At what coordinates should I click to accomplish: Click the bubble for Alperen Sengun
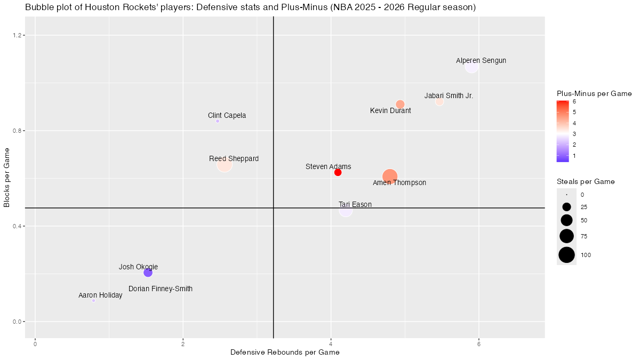click(x=471, y=67)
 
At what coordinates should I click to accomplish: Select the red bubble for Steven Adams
click(x=338, y=172)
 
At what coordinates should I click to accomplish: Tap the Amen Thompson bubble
click(x=390, y=177)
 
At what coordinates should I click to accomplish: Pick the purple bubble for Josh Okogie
click(x=148, y=273)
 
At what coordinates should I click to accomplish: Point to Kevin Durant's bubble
click(x=400, y=104)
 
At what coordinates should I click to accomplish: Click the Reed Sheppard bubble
click(x=225, y=165)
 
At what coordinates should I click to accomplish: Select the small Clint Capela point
click(x=218, y=121)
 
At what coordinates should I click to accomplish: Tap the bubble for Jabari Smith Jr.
click(x=439, y=102)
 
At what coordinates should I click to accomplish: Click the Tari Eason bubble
click(x=346, y=210)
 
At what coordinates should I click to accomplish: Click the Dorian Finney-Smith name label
click(x=161, y=289)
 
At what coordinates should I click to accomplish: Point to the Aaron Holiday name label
click(x=100, y=295)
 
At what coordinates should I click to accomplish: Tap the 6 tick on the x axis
click(x=479, y=343)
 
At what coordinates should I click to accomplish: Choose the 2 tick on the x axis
click(x=183, y=343)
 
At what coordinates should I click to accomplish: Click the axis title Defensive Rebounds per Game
click(x=285, y=353)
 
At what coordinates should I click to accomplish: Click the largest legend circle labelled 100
click(x=566, y=255)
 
